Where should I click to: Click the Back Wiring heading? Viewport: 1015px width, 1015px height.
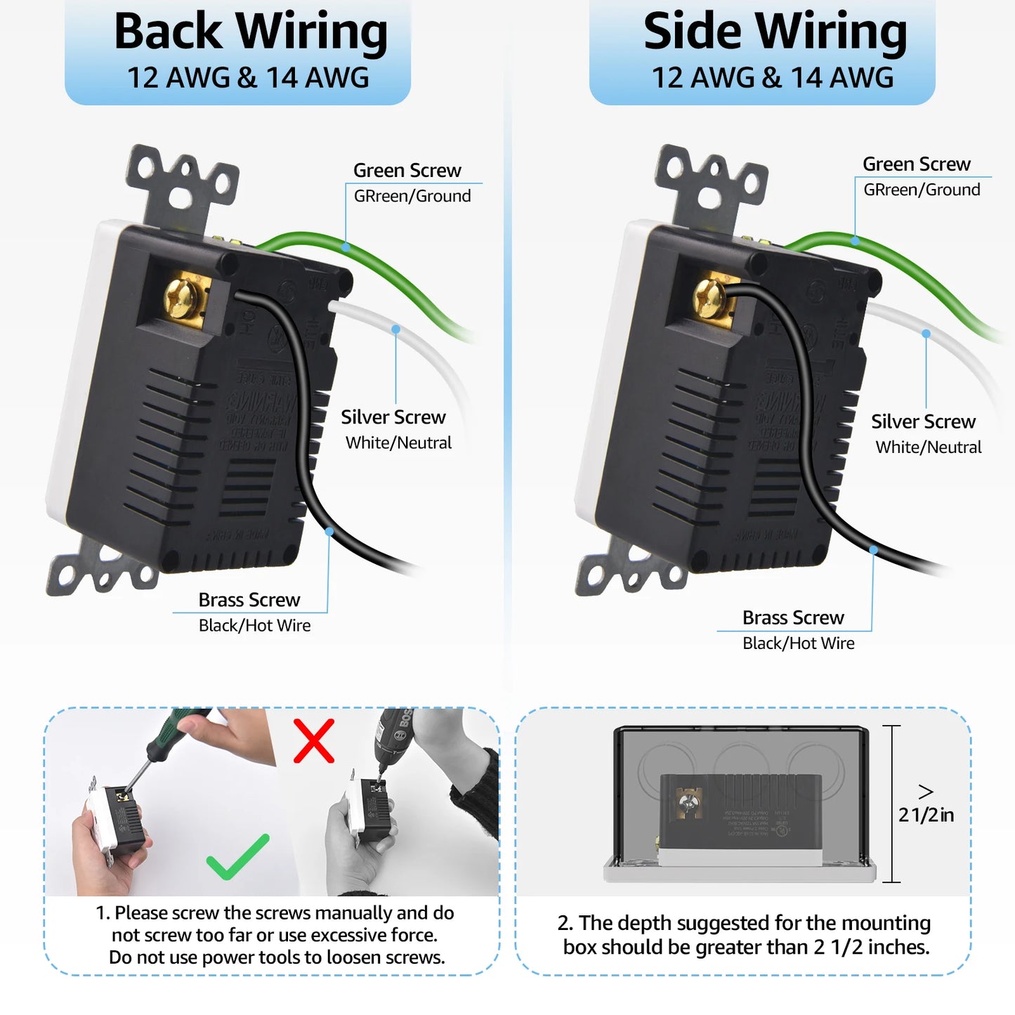[251, 32]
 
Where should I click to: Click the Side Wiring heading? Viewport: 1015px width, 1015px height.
[775, 32]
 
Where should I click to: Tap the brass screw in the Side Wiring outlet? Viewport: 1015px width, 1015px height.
[710, 299]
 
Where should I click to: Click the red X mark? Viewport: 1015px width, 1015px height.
[313, 740]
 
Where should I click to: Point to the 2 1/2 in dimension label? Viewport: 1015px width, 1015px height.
[926, 814]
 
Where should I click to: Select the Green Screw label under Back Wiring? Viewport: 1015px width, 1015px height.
[407, 170]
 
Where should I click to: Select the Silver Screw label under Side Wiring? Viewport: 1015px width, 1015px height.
[923, 421]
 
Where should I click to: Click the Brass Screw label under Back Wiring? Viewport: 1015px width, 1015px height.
[249, 600]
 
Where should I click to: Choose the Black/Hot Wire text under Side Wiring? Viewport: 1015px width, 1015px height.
[798, 643]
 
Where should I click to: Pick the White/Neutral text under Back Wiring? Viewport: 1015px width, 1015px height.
[398, 443]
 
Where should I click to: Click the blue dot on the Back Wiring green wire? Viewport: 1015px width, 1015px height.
[346, 247]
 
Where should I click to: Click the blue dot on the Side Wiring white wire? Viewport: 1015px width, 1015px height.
[926, 334]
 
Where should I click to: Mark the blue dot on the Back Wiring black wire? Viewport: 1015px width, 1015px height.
[329, 532]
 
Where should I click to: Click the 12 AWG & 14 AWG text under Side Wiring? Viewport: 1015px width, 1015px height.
[773, 77]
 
